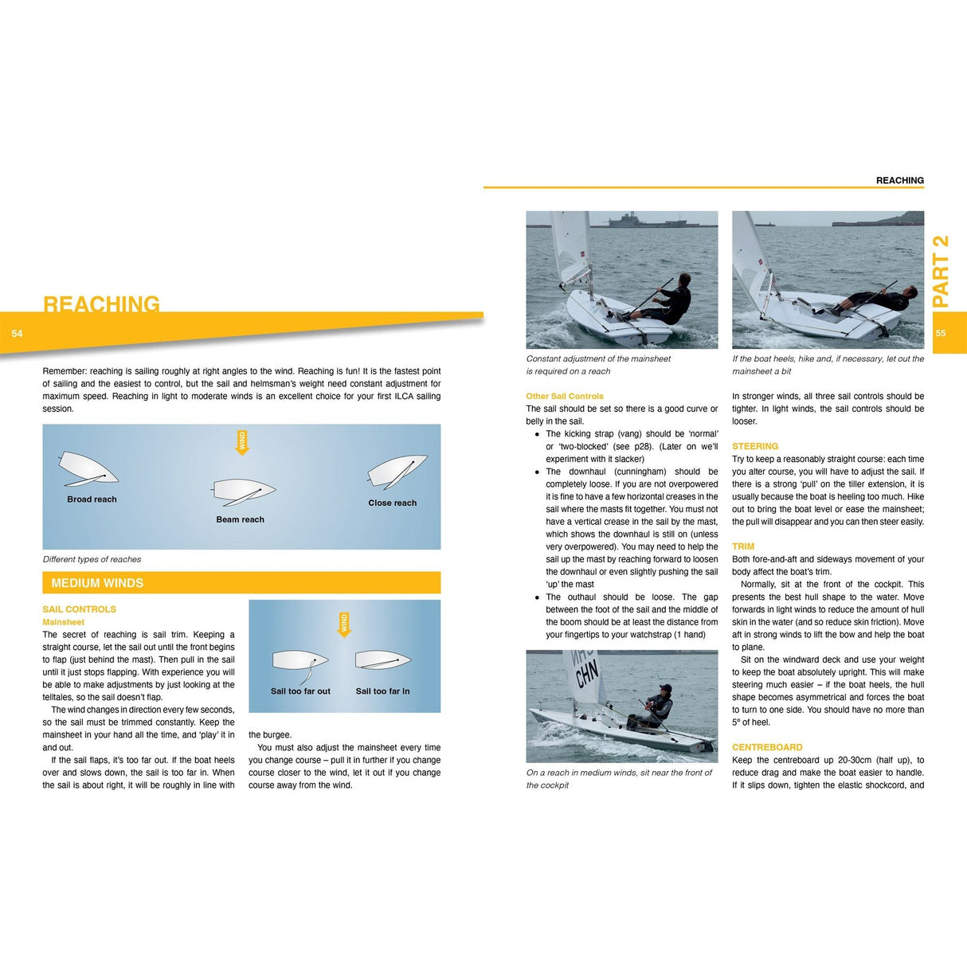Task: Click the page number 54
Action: tap(17, 334)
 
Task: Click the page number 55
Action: tap(941, 334)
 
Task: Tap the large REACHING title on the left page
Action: tap(101, 303)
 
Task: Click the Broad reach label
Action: tap(92, 499)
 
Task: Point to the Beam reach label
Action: tap(240, 519)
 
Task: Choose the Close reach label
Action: tap(392, 503)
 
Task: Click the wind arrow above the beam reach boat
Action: tap(242, 442)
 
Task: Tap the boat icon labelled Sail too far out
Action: tap(300, 660)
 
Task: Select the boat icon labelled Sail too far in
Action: tap(383, 660)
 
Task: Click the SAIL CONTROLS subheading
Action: tap(79, 609)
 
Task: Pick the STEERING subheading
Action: tap(755, 446)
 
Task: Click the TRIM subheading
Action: tap(743, 546)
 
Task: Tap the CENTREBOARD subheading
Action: tap(767, 747)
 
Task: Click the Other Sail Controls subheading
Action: tap(565, 396)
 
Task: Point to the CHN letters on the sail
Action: tap(586, 674)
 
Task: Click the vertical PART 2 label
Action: tap(941, 271)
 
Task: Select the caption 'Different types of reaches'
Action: tap(92, 559)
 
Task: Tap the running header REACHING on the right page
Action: tap(899, 181)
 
